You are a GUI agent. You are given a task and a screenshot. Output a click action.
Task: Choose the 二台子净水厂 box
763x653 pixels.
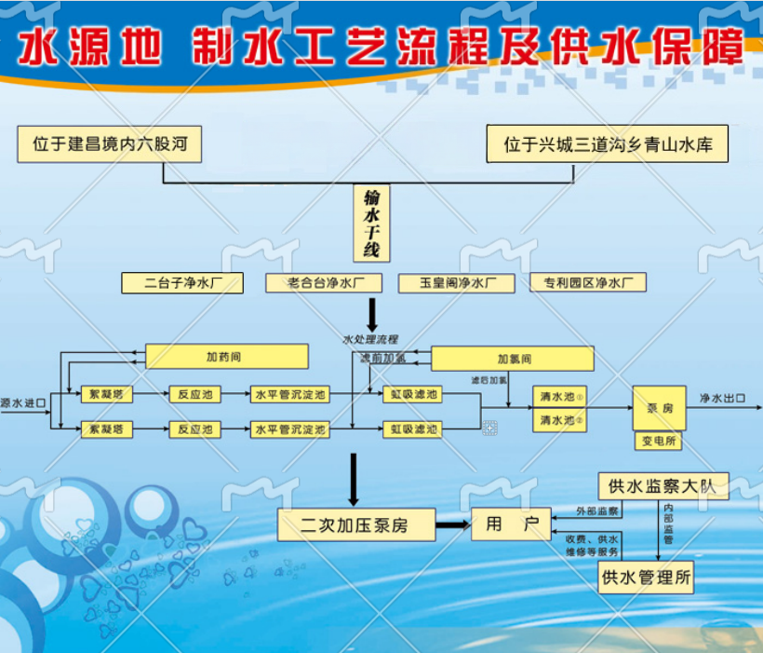point(182,283)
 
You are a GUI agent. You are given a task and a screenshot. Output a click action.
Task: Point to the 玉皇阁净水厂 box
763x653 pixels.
point(456,283)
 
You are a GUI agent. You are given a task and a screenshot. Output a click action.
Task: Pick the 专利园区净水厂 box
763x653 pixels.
point(588,283)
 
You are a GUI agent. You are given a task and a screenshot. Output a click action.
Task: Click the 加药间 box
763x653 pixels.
point(227,357)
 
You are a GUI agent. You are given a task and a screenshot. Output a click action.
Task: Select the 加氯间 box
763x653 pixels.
point(513,359)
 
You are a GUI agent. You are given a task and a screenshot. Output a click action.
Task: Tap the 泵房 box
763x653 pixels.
point(659,407)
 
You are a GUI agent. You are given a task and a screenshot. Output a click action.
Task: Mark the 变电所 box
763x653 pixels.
point(659,440)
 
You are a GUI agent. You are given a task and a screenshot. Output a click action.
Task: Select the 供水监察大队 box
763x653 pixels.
point(663,485)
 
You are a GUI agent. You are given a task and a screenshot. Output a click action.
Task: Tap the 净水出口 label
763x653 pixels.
point(722,399)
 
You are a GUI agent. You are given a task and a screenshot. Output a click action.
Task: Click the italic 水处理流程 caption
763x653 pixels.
point(370,339)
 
